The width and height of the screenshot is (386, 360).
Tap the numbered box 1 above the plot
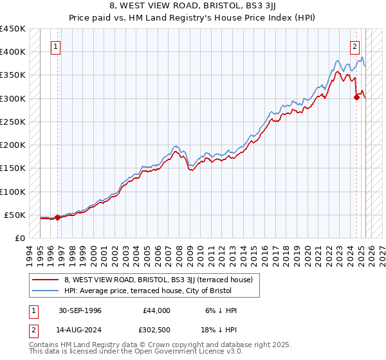tap(56, 46)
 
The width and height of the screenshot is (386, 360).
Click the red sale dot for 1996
tap(57, 217)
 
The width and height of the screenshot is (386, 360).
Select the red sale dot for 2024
tap(357, 98)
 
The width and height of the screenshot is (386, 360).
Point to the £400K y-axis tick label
tap(13, 52)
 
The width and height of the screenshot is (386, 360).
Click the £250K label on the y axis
tap(13, 122)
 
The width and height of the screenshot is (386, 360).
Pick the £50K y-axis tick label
tap(15, 215)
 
